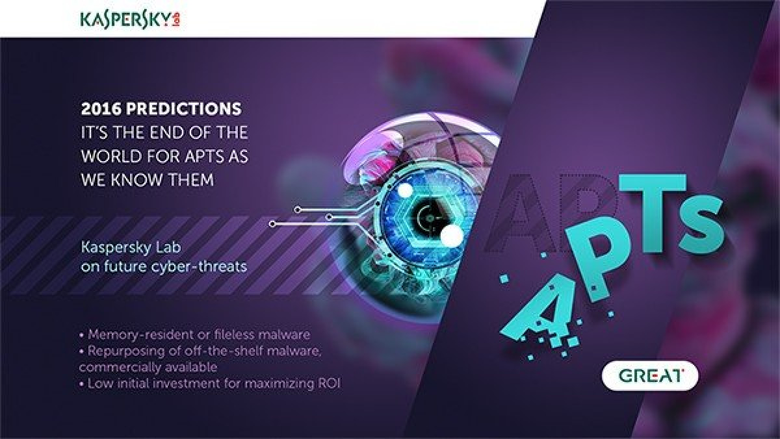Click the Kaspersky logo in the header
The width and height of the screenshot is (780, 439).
[130, 20]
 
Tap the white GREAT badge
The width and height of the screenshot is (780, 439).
[650, 376]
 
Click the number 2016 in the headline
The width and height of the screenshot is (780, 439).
[101, 109]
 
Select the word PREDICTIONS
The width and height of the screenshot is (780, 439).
[183, 109]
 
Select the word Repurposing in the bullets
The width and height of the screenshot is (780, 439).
[126, 351]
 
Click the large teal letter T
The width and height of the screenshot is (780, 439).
[652, 213]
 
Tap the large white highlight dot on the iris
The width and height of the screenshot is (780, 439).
[452, 235]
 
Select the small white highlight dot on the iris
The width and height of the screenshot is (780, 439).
[406, 190]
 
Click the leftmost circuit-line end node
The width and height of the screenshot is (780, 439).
[272, 224]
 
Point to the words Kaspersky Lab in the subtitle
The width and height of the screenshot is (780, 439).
[131, 247]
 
